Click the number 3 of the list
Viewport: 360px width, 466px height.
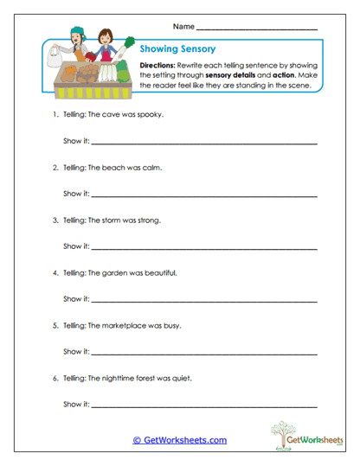(x=55, y=220)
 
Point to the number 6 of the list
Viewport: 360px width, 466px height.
(x=55, y=378)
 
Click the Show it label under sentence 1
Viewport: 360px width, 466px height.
(x=75, y=141)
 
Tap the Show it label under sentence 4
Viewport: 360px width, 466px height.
(x=75, y=299)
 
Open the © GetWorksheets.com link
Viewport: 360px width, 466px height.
(x=179, y=440)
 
